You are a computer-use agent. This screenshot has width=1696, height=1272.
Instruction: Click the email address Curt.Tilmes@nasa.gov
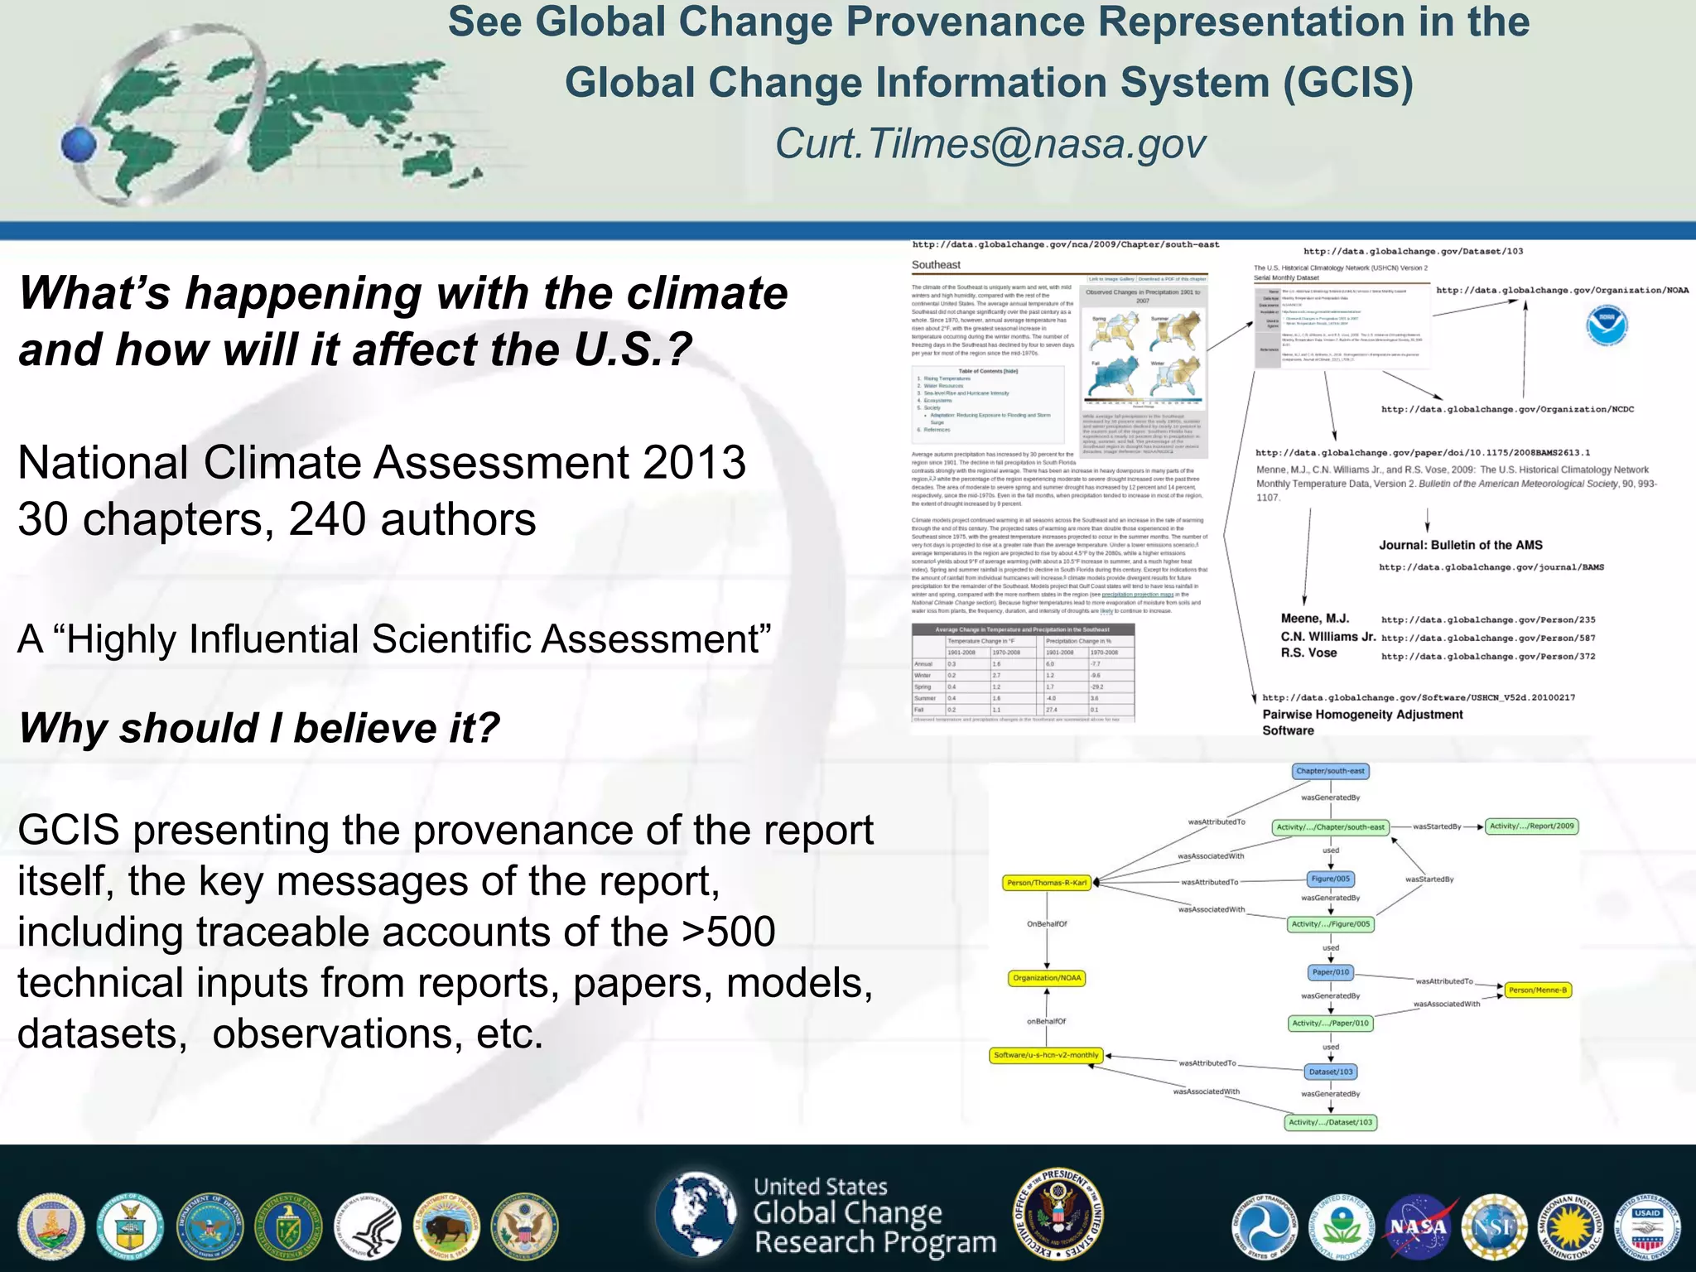(x=990, y=144)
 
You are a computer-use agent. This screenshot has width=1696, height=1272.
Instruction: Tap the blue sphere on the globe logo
(x=79, y=146)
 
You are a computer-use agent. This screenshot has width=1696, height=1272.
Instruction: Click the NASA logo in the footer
(x=1419, y=1227)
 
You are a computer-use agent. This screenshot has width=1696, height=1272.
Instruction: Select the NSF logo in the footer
(x=1494, y=1227)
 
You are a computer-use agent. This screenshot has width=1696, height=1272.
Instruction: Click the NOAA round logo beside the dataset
(x=1607, y=325)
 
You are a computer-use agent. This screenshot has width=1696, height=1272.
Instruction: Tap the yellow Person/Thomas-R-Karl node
(x=1047, y=883)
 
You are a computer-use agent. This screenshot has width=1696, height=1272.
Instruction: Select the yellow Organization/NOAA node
(x=1047, y=978)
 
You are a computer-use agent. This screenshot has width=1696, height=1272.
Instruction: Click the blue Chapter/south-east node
(x=1330, y=771)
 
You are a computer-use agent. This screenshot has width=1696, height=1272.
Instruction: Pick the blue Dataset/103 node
(x=1330, y=1072)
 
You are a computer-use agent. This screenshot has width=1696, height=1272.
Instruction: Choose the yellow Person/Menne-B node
(x=1537, y=990)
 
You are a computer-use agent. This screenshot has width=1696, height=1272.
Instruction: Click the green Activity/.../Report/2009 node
(x=1531, y=826)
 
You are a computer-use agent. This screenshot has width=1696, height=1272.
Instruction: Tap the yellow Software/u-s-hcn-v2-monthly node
(x=1047, y=1055)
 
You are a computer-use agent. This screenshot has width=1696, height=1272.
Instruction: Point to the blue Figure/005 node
(x=1330, y=879)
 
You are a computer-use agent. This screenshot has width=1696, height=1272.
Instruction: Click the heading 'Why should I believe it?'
(x=259, y=728)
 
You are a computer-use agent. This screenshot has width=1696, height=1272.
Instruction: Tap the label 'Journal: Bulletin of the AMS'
(x=1460, y=545)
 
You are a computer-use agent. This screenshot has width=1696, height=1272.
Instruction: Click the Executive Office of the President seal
(x=1058, y=1214)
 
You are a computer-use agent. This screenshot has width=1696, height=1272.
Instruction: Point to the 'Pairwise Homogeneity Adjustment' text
(x=1362, y=715)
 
